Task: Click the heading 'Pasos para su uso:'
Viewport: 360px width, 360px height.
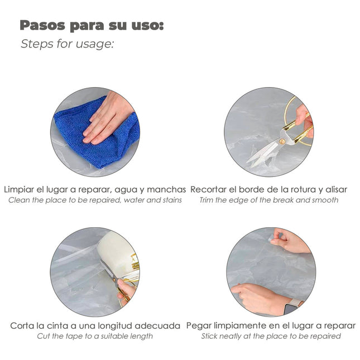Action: pyautogui.click(x=92, y=26)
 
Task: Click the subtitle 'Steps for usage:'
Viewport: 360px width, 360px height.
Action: pyautogui.click(x=67, y=44)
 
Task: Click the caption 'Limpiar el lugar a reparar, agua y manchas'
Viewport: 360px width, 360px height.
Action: pyautogui.click(x=95, y=190)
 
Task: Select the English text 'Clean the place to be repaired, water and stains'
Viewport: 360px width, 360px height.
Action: pyautogui.click(x=95, y=200)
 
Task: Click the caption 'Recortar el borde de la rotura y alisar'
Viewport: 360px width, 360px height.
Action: pyautogui.click(x=269, y=190)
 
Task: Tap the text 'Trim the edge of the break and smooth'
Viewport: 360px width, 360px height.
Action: pyautogui.click(x=269, y=200)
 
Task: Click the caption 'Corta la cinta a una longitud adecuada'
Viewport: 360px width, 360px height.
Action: pyautogui.click(x=95, y=325)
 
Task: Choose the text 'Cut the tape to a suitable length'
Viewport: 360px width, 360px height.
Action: pyautogui.click(x=95, y=336)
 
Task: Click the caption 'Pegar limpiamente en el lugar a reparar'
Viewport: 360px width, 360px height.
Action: pyautogui.click(x=271, y=325)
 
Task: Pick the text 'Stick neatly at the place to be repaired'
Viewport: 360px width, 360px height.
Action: pyautogui.click(x=271, y=336)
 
